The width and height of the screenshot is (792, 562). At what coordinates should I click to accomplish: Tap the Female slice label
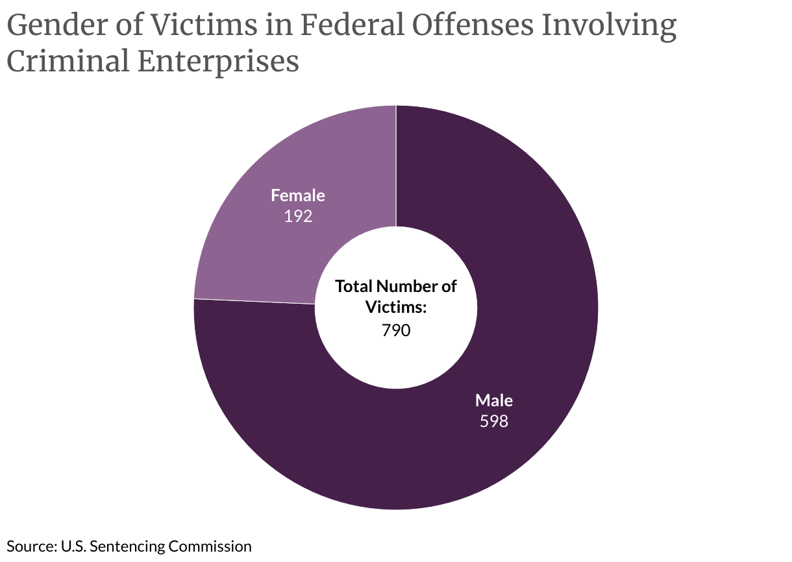(298, 195)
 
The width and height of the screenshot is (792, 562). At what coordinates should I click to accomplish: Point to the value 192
(298, 216)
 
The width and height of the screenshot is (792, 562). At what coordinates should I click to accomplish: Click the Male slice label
(493, 400)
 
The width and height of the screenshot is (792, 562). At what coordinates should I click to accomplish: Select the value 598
(493, 421)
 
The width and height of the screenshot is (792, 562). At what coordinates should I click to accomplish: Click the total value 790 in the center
(396, 330)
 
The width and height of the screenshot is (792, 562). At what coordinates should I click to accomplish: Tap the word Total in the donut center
(354, 286)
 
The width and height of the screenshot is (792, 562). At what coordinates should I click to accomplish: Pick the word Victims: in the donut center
(396, 307)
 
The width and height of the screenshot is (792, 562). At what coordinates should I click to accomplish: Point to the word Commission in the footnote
(210, 546)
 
